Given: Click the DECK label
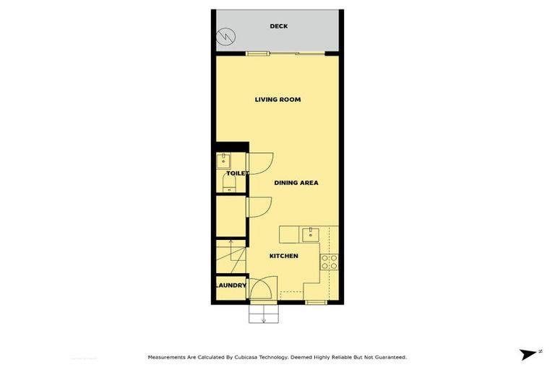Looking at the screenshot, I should pos(278,27).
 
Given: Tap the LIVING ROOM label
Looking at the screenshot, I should pos(277,100).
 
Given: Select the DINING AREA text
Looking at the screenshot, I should pos(296,183).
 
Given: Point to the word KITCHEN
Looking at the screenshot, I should pos(283,256).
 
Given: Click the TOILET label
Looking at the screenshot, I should pos(237,173).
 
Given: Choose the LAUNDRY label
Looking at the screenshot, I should pos(231,285).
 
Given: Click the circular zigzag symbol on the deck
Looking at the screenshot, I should pos(226,35).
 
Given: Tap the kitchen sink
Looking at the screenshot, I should pos(311,234).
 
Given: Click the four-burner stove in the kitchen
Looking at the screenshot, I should pos(329,262).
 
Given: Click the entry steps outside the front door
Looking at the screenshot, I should pos(263,314).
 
